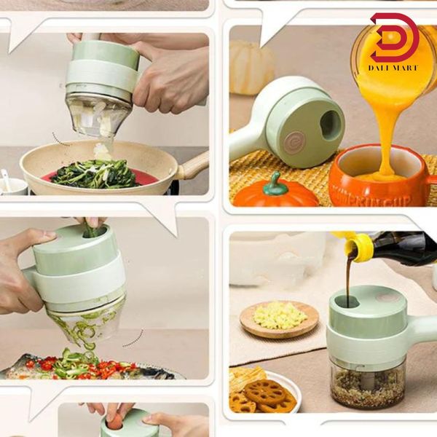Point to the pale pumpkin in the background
point(251,66)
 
